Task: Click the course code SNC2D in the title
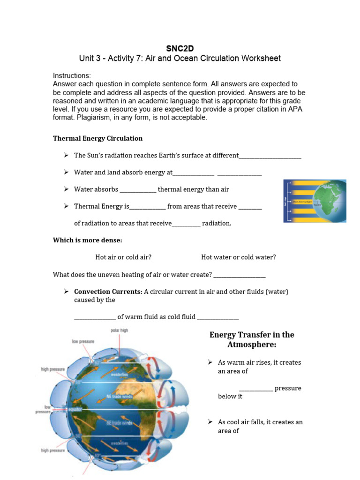[180, 48]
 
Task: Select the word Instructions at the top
[71, 75]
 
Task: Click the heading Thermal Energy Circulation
[97, 138]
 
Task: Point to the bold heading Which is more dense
[87, 240]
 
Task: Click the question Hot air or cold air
[123, 257]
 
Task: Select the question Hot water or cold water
[238, 257]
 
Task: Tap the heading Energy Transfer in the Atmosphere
[252, 339]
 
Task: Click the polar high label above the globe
[119, 330]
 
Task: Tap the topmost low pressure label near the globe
[82, 341]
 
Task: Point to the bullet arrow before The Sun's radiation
[66, 155]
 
